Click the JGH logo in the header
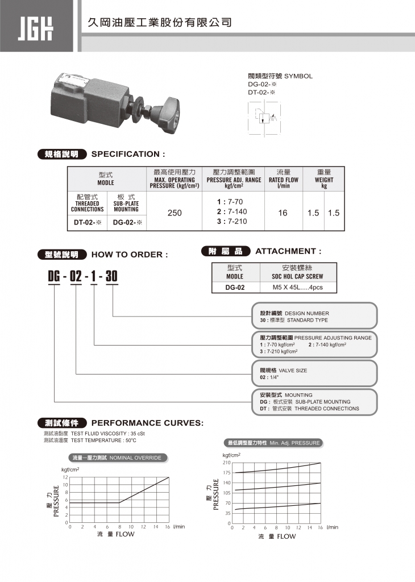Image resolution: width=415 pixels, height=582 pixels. click(36, 26)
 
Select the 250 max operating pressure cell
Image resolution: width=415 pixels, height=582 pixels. click(175, 213)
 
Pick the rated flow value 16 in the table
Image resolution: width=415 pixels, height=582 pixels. click(283, 213)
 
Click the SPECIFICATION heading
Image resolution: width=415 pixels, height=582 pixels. click(128, 154)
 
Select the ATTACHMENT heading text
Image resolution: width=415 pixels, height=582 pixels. click(288, 251)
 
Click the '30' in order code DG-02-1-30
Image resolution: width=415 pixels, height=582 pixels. click(111, 277)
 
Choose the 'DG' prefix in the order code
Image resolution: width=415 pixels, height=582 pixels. click(54, 277)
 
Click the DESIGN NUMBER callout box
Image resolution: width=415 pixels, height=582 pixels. click(314, 316)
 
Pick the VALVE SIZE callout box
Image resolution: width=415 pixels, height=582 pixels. click(314, 373)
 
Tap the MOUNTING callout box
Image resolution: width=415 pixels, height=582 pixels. click(314, 401)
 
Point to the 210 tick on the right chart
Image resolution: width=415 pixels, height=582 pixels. click(226, 463)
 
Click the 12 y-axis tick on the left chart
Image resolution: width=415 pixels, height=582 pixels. click(65, 477)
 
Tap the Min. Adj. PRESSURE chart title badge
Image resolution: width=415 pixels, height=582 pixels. click(273, 443)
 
